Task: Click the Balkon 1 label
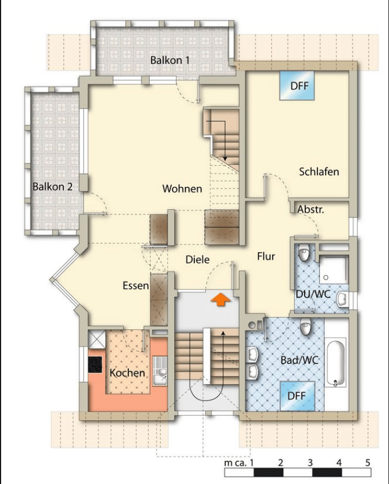[x=170, y=60]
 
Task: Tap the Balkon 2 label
[x=53, y=186]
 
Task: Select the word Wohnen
[x=183, y=188]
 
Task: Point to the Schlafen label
[x=319, y=172]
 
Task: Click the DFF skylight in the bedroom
[x=297, y=85]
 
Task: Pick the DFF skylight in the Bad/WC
[x=297, y=396]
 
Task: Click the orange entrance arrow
[x=221, y=300]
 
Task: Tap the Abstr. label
[x=311, y=210]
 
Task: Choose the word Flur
[x=266, y=256]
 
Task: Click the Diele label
[x=198, y=259]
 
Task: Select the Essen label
[x=135, y=286]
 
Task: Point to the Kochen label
[x=127, y=373]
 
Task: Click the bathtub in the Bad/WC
[x=336, y=363]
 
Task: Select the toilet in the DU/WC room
[x=304, y=253]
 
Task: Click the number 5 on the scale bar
[x=368, y=463]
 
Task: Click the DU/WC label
[x=314, y=294]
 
